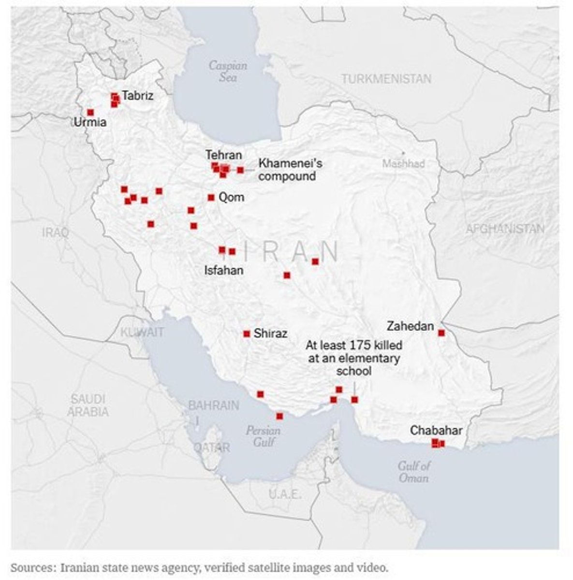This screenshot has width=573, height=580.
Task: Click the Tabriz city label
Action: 137,96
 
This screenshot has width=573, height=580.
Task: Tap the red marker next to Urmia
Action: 90,112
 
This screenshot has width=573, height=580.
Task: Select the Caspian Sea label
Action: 227,71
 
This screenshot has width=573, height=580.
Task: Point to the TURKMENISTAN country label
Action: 386,79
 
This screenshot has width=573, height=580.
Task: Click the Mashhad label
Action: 403,163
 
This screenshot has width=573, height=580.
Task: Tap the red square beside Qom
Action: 211,197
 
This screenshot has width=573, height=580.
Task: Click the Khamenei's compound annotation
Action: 290,170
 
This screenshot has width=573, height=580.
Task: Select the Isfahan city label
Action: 223,270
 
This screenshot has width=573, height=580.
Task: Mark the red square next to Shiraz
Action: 247,333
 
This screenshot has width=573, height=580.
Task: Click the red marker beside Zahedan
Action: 441,333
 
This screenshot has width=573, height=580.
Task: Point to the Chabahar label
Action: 436,430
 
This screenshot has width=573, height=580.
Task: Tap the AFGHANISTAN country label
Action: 504,229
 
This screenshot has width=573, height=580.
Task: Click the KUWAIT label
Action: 142,332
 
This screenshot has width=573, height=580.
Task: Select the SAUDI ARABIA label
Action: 88,406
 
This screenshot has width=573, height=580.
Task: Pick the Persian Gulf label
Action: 263,436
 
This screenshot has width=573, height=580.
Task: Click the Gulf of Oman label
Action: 413,472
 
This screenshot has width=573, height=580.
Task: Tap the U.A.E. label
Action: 285,494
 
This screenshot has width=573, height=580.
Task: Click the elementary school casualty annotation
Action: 354,358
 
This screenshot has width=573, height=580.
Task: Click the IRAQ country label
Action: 55,232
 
